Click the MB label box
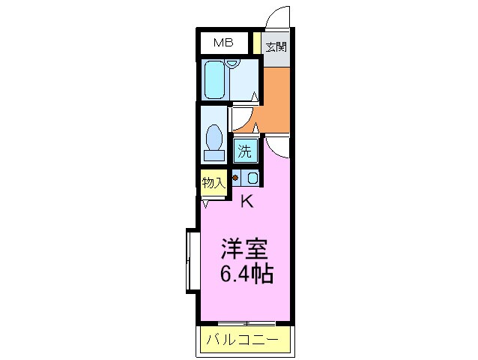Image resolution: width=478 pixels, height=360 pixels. (223, 43)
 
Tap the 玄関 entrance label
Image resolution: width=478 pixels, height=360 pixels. (276, 46)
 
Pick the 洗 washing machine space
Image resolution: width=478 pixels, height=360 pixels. (245, 150)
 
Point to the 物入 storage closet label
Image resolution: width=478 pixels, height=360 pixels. (214, 182)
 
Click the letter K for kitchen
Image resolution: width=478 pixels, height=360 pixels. (246, 201)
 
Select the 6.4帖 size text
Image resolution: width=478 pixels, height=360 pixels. (246, 273)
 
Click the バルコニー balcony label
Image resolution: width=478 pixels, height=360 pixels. (243, 341)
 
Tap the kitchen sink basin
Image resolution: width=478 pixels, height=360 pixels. (252, 178)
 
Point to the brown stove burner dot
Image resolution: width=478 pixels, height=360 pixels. (236, 178)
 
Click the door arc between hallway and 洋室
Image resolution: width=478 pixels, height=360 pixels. (278, 147)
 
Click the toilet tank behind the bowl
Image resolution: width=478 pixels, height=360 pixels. (214, 155)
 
